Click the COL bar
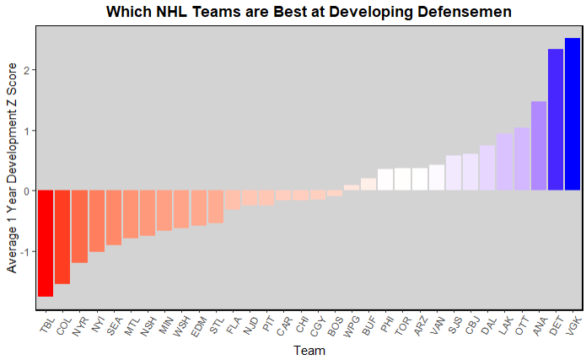[x=62, y=237]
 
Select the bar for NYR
[x=79, y=226]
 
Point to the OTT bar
[x=522, y=159]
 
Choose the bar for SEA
[x=114, y=218]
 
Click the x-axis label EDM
[x=196, y=325]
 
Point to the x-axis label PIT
[x=266, y=325]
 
